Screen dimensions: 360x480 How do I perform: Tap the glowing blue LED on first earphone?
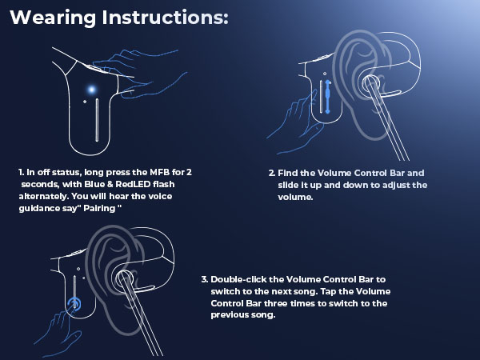93,89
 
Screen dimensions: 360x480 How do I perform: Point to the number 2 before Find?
271,172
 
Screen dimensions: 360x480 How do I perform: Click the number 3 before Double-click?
204,279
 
